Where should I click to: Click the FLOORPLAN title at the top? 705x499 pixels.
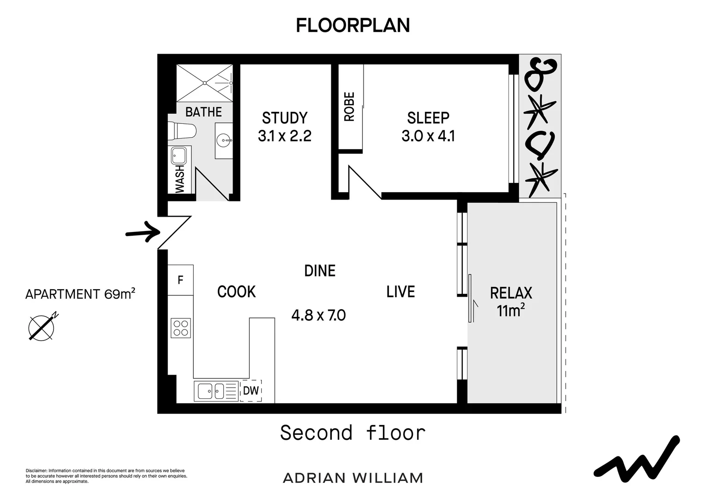[x=352, y=25]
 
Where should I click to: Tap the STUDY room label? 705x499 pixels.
[x=284, y=118]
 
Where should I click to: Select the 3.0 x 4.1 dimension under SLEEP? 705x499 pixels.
[x=428, y=136]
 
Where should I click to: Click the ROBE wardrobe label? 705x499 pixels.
[x=350, y=107]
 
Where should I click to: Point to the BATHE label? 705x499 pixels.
[x=203, y=112]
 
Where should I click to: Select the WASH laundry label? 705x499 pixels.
[x=179, y=179]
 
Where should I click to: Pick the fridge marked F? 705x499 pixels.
[x=180, y=280]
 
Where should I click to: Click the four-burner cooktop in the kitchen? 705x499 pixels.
[x=180, y=328]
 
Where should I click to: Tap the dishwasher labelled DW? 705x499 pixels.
[x=251, y=391]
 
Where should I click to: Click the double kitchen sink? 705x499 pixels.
[x=211, y=391]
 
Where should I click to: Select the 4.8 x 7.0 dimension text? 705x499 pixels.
[x=318, y=315]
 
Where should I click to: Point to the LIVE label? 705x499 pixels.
[x=400, y=292]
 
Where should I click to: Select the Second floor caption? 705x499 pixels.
[x=352, y=433]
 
